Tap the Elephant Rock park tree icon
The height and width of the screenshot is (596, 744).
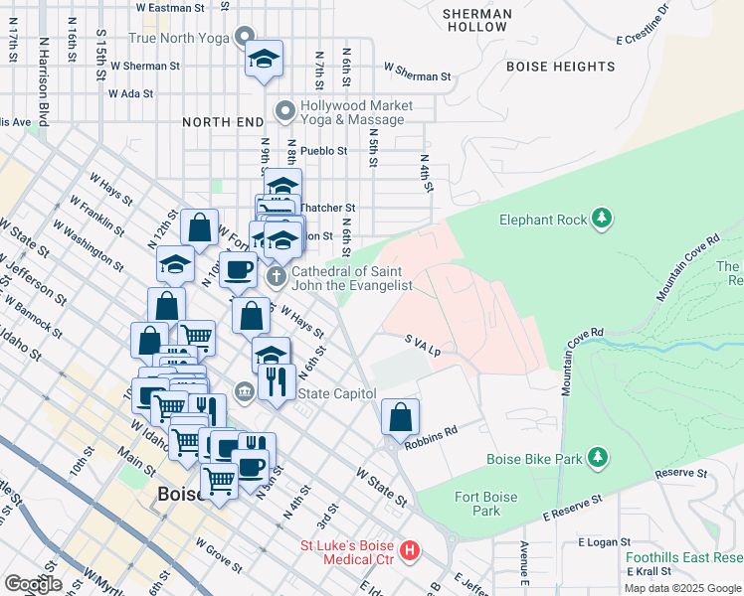(x=601, y=217)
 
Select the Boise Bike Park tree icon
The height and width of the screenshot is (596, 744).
(x=597, y=457)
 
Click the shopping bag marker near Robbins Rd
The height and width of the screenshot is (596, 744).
(x=400, y=417)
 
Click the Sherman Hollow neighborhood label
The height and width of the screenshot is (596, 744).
(x=477, y=20)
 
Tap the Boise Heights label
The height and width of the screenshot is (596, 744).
(x=561, y=67)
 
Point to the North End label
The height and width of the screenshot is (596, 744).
(x=220, y=121)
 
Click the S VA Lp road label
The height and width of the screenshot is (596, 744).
(x=422, y=345)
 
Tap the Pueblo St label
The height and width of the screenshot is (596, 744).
(x=323, y=151)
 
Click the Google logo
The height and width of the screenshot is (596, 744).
(x=33, y=583)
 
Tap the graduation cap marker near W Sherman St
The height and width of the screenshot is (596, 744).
(x=264, y=59)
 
